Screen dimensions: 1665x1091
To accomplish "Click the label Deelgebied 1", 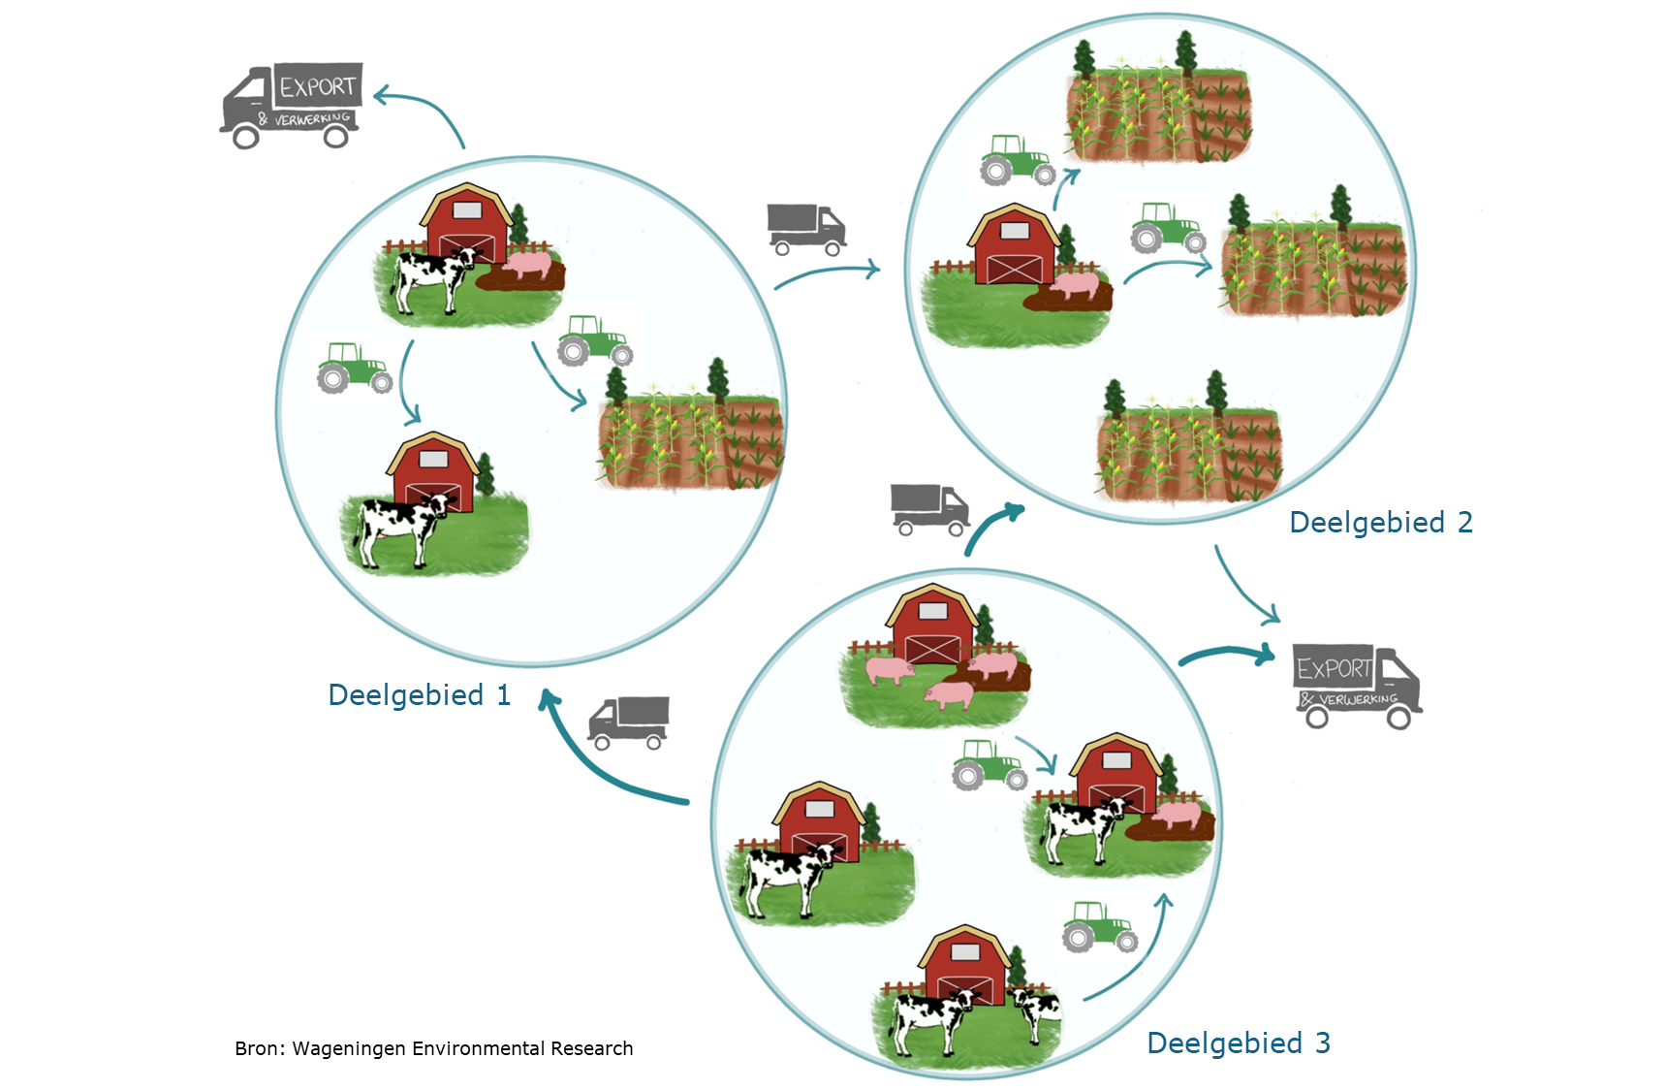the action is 419,695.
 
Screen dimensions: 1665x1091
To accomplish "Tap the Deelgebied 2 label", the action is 1381,523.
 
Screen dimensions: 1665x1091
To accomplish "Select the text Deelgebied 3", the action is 1239,1043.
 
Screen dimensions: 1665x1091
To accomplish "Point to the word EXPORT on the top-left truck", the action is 318,87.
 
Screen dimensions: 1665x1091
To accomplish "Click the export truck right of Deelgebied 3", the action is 1357,686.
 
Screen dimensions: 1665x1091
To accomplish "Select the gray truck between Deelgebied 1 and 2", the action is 806,229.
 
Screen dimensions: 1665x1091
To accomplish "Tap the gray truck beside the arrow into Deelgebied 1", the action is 629,723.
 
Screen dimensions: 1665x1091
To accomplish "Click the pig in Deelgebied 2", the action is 1076,285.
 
